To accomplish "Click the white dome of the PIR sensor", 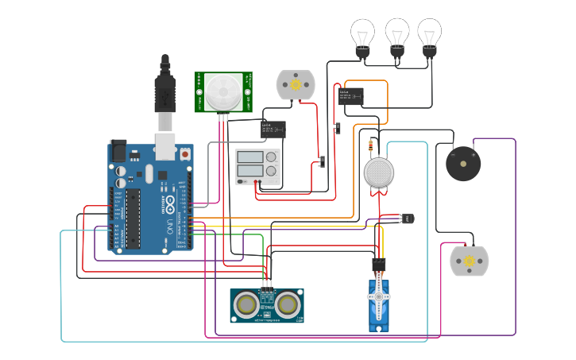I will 223,91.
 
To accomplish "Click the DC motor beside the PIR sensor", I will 295,85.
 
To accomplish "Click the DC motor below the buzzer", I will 469,261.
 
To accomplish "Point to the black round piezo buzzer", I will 463,164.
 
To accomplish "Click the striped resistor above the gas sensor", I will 373,145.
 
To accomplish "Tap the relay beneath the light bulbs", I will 350,96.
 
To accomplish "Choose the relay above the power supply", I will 273,129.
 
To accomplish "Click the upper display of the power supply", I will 251,157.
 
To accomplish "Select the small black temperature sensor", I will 408,218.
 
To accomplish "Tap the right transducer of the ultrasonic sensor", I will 287,304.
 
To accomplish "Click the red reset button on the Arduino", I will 185,152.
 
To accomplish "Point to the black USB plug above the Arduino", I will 164,87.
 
